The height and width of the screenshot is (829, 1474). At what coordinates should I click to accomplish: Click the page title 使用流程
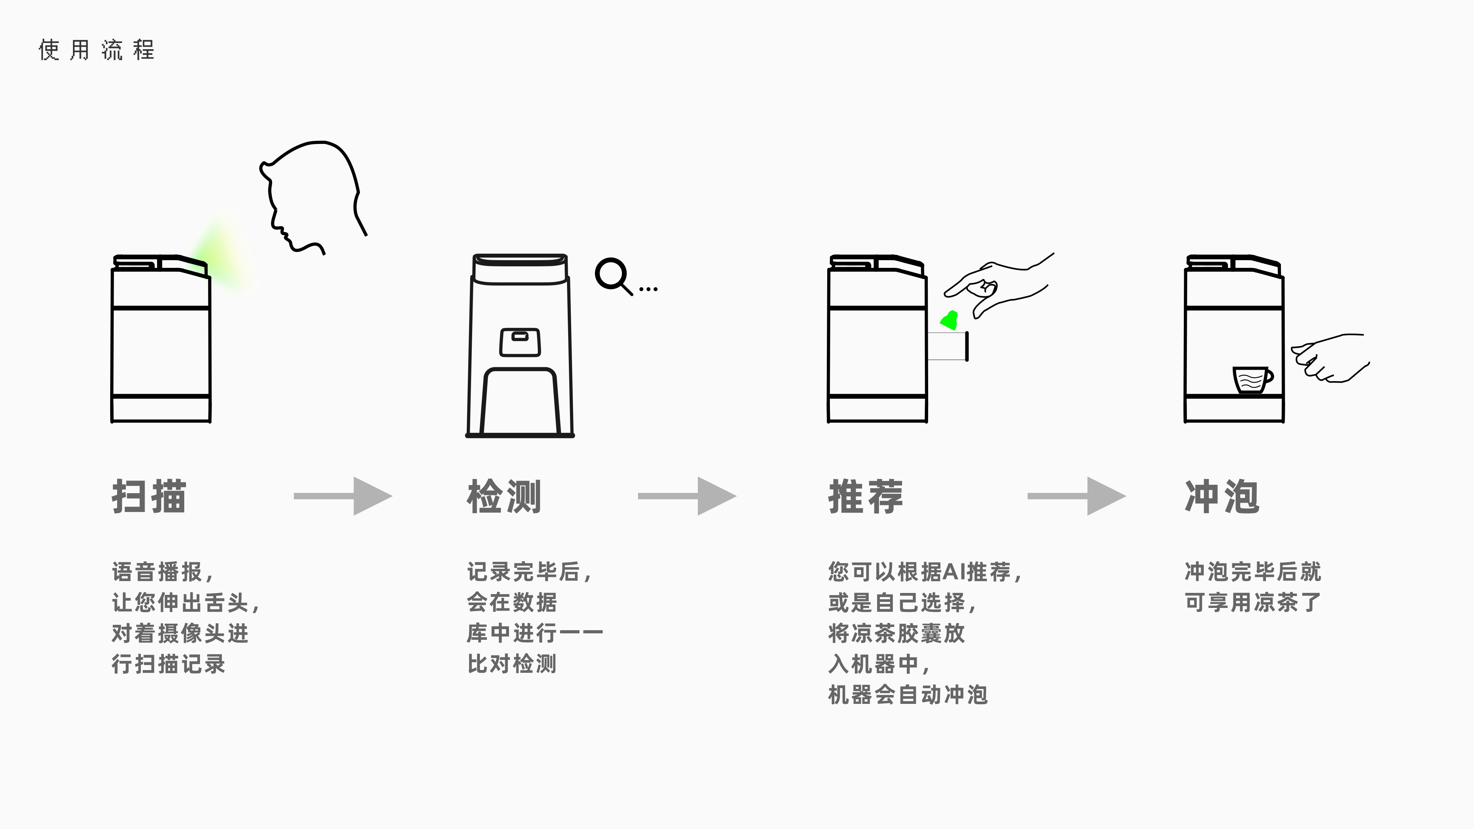pyautogui.click(x=96, y=50)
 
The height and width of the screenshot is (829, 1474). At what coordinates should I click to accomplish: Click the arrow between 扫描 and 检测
pyautogui.click(x=343, y=496)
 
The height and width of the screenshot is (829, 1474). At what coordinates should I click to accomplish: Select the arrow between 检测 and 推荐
pyautogui.click(x=687, y=496)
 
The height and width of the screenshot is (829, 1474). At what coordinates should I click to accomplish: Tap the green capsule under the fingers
pyautogui.click(x=950, y=321)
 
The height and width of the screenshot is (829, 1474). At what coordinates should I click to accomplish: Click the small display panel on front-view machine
pyautogui.click(x=520, y=342)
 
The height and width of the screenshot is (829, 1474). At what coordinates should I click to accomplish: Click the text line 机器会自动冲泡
pyautogui.click(x=908, y=695)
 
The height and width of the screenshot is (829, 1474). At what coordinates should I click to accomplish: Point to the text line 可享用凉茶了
pyautogui.click(x=1252, y=602)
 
